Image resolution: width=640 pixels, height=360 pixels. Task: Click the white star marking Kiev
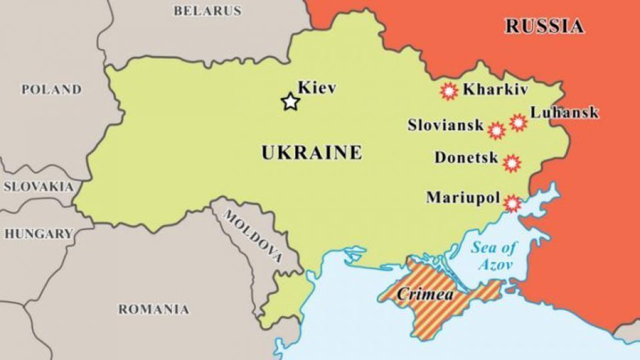[290, 102]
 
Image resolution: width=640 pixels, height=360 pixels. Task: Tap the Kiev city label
[317, 88]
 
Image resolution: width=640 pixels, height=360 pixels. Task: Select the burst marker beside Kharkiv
[448, 91]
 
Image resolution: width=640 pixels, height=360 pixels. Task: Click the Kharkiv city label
[495, 89]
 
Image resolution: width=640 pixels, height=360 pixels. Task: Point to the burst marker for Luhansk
[518, 122]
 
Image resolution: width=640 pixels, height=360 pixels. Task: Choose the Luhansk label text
[564, 112]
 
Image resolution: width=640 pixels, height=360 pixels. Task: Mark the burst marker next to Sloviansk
[496, 130]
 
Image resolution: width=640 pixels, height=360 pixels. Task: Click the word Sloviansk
[445, 125]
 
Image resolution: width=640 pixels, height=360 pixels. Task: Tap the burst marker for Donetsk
[511, 163]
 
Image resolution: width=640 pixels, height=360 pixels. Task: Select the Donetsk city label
[466, 158]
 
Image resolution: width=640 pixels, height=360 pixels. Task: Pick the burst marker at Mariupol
[511, 203]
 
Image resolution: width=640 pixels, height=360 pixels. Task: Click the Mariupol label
[463, 197]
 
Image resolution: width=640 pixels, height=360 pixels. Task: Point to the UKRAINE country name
[311, 152]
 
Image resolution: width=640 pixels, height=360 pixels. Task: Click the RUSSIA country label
[544, 26]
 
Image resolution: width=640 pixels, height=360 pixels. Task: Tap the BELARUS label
[207, 10]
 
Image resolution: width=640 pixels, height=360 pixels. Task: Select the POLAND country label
[51, 89]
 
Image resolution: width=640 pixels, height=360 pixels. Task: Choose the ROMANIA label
[154, 309]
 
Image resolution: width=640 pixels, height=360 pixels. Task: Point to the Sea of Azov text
[494, 255]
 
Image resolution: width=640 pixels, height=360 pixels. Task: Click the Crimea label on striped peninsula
[425, 294]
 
